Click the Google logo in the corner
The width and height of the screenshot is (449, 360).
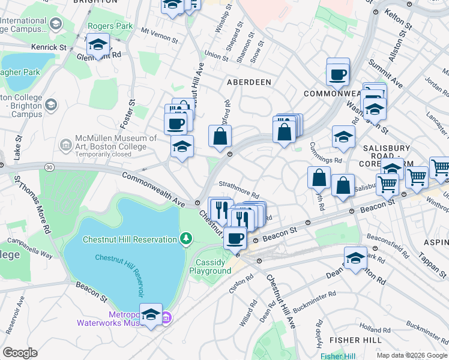coord(20,353)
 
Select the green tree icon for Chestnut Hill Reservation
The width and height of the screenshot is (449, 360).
coord(187,240)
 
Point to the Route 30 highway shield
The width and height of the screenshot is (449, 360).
coord(49,166)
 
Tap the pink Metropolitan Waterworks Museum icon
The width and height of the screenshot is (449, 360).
coord(167,317)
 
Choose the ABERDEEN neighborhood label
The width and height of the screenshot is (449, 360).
coord(249,82)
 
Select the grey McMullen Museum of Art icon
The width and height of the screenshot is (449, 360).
coord(65,145)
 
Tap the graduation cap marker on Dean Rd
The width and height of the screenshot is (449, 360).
coord(356,259)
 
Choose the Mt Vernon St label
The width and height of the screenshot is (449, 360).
coord(160,35)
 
